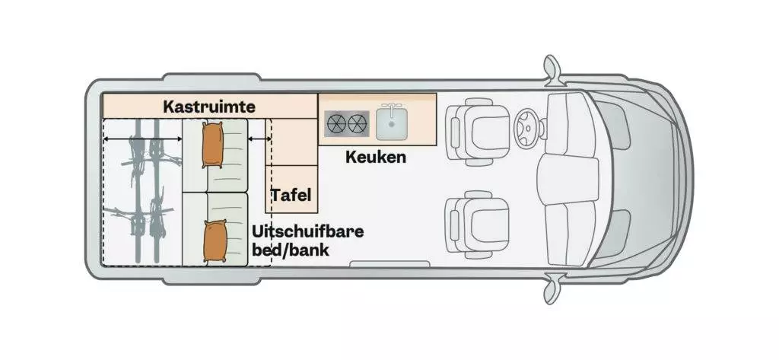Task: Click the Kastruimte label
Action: point(209,107)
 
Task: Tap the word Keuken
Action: point(376,157)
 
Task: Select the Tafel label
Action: point(291,194)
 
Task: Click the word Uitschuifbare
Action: point(307,231)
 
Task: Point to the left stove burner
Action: point(335,124)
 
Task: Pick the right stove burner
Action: point(358,124)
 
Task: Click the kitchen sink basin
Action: point(392,124)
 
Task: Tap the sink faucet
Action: point(392,107)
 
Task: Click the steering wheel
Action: point(526,129)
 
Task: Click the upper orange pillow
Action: point(213,145)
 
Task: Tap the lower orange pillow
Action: point(215,241)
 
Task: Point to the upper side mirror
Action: point(552,68)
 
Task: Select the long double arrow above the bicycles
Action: point(142,140)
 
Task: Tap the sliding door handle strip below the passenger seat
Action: point(389,263)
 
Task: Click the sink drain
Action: point(392,125)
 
